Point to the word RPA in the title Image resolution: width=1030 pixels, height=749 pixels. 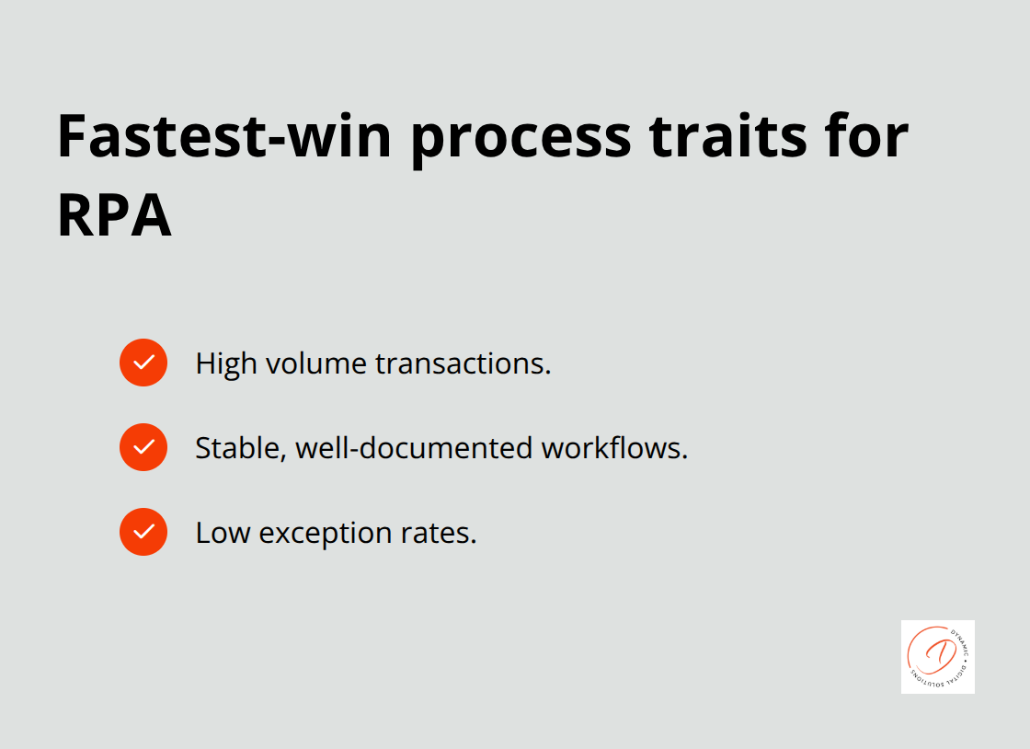click(114, 217)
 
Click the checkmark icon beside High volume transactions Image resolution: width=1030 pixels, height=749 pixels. click(143, 363)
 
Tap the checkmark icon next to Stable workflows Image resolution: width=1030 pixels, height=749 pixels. click(143, 447)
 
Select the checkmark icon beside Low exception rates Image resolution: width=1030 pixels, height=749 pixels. click(143, 532)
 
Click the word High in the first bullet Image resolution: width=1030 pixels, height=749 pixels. click(226, 363)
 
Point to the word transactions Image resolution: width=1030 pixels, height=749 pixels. click(463, 363)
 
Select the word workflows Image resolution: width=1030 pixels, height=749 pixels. click(614, 448)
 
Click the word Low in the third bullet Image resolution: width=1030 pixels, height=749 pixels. click(223, 533)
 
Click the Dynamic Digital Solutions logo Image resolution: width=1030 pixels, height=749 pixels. click(937, 656)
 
